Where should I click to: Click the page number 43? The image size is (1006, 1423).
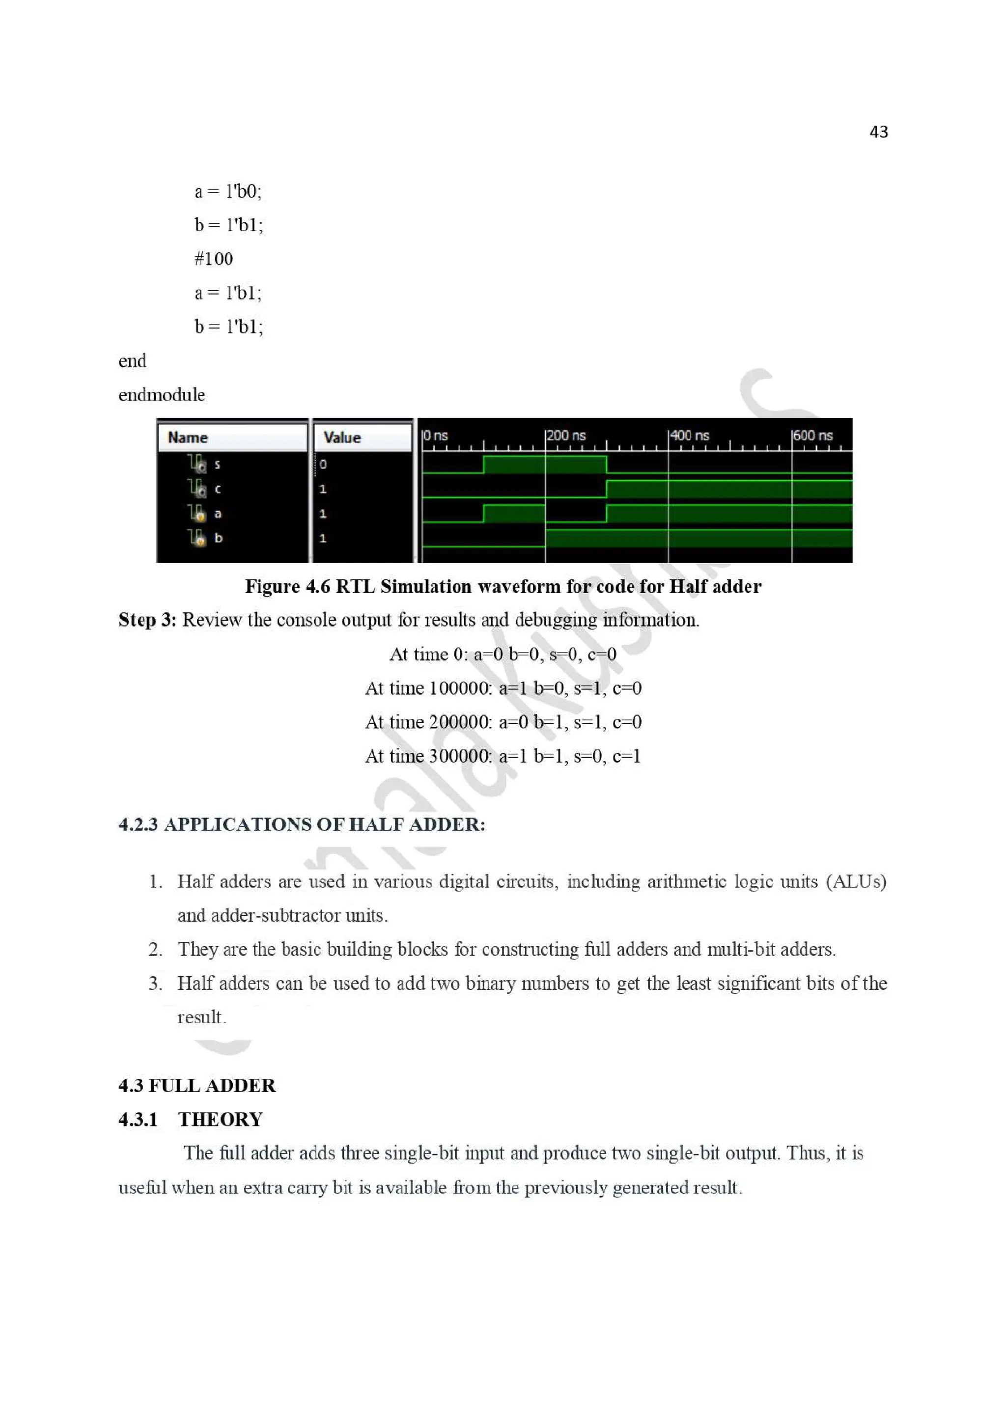[878, 132]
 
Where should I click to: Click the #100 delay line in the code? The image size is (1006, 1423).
[213, 259]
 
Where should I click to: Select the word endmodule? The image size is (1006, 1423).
[161, 395]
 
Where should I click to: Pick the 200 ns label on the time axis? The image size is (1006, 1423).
[566, 436]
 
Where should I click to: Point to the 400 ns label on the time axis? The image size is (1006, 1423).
[690, 436]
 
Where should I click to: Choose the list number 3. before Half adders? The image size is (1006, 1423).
[155, 984]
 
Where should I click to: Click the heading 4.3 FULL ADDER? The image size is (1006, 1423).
[197, 1086]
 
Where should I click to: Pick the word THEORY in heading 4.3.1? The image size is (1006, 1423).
[221, 1120]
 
